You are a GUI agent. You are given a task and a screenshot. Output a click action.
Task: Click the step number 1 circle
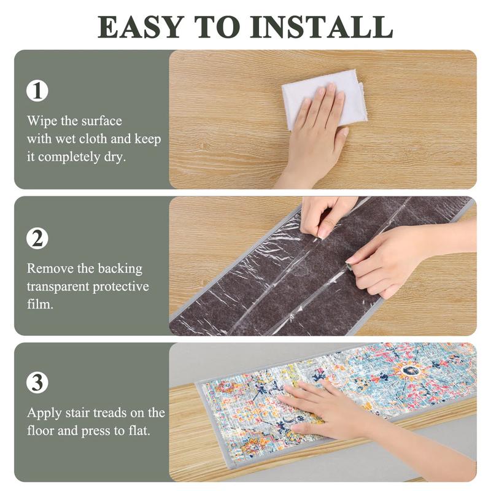[37, 91]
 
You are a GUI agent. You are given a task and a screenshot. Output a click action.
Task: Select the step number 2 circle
[37, 238]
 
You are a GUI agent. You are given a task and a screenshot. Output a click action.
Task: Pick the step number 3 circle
[37, 382]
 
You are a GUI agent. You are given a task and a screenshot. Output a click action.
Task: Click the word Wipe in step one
[41, 120]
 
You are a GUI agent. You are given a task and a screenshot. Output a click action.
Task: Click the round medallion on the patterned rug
[410, 371]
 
